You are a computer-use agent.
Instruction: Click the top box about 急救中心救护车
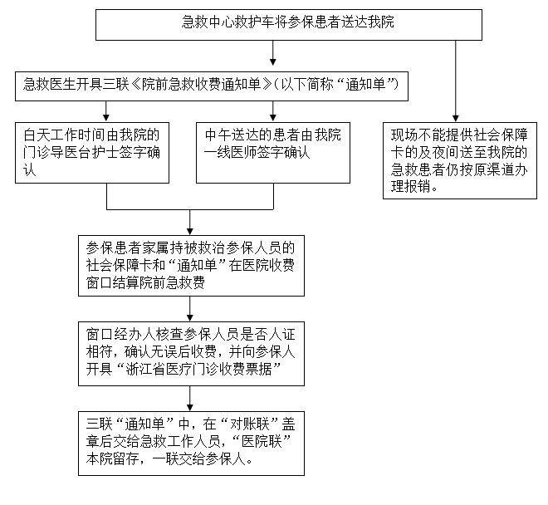[289, 25]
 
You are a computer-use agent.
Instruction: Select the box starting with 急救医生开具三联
[212, 86]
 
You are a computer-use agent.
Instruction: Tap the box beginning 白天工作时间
[92, 153]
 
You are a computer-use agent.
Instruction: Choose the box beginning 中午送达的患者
[273, 153]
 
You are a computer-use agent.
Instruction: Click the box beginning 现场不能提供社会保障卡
[460, 160]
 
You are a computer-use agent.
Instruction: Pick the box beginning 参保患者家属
[191, 266]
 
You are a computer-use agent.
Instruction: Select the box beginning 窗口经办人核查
[191, 354]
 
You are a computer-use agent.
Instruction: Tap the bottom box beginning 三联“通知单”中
[191, 444]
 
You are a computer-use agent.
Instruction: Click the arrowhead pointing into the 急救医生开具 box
[273, 62]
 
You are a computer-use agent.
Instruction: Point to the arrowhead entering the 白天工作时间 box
[106, 118]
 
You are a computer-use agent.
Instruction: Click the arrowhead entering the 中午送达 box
[273, 118]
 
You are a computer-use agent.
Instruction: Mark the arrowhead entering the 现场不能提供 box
[455, 118]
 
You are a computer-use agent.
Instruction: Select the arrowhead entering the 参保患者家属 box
[190, 231]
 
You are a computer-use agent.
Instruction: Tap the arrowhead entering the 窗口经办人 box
[190, 317]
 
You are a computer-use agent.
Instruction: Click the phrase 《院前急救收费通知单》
[201, 84]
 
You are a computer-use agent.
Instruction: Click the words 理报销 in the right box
[411, 187]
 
